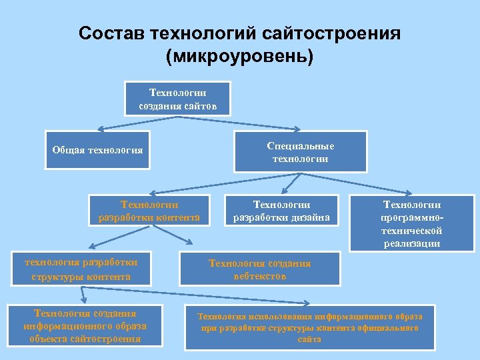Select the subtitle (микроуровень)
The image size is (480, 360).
click(239, 57)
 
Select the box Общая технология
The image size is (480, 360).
click(97, 150)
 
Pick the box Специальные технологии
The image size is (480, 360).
click(300, 152)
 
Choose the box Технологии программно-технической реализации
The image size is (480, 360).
click(411, 223)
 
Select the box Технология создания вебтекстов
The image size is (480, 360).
click(259, 269)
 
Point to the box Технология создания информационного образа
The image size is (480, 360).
click(85, 325)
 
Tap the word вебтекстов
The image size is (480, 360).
click(260, 276)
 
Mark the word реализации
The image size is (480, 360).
click(411, 243)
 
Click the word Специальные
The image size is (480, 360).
click(300, 146)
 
